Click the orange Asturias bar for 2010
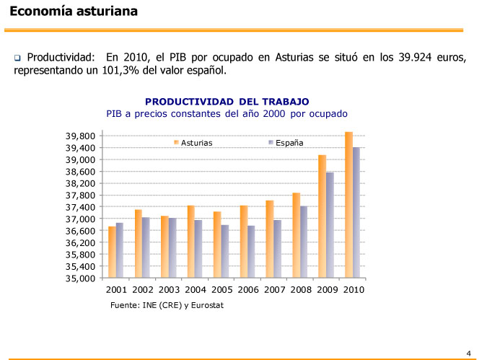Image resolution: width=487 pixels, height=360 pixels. tap(348, 205)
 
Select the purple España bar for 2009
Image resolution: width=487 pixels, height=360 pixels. tap(330, 225)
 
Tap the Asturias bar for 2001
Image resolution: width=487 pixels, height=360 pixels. tap(112, 252)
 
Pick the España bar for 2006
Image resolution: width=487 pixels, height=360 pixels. tap(251, 252)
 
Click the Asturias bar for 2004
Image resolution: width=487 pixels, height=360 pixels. tap(190, 242)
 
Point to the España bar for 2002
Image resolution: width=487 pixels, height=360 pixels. tap(146, 247)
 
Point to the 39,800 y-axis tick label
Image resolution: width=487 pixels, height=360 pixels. tap(80, 136)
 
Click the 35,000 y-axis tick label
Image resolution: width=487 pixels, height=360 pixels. tap(80, 278)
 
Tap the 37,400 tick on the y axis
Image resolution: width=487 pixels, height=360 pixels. tap(80, 207)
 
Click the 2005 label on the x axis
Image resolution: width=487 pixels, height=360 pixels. tap(222, 290)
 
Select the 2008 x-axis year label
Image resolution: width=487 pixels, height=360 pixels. tap(301, 290)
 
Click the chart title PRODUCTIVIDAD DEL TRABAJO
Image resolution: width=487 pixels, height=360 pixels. tap(227, 102)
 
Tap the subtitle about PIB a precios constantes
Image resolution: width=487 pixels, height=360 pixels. tap(227, 114)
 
